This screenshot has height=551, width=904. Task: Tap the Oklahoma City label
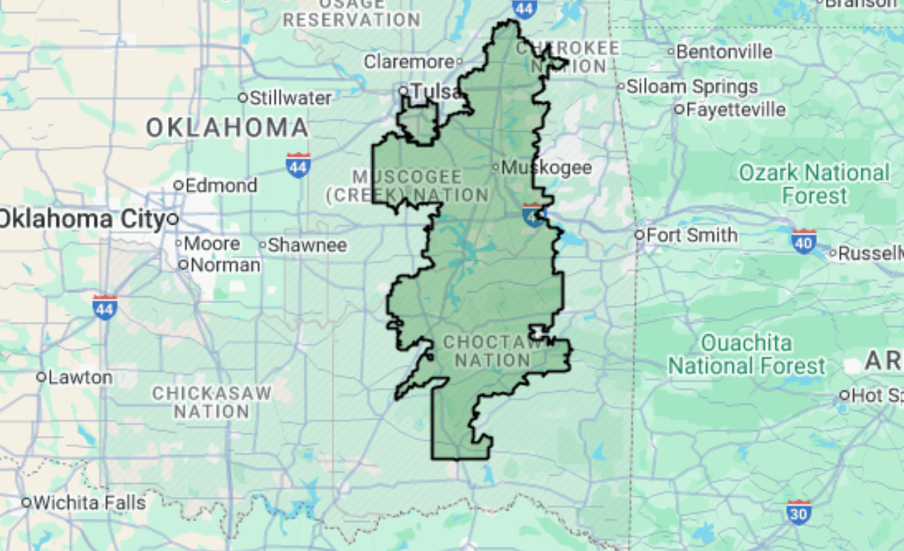[x=82, y=218]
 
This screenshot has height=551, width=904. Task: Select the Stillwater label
[x=290, y=97]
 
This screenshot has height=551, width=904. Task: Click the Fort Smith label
[x=691, y=235]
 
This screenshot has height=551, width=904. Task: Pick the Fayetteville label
[x=735, y=109]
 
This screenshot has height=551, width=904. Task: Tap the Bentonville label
[x=724, y=52]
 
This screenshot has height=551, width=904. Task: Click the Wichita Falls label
[x=89, y=503]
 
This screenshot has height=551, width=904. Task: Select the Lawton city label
[x=80, y=377]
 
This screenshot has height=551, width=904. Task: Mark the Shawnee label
[x=307, y=245]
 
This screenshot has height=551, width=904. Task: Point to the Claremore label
[x=409, y=62]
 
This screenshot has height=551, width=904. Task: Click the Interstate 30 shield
[x=798, y=512]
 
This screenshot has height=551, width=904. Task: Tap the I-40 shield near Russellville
[x=804, y=240]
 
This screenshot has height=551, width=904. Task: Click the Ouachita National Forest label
[x=747, y=355]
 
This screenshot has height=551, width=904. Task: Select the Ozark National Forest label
[x=814, y=184]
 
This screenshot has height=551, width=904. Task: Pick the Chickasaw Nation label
[x=211, y=402]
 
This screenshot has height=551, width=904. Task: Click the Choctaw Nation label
[x=492, y=351]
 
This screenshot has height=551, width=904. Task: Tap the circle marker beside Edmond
[x=179, y=185]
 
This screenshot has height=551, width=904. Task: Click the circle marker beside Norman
[x=183, y=265]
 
